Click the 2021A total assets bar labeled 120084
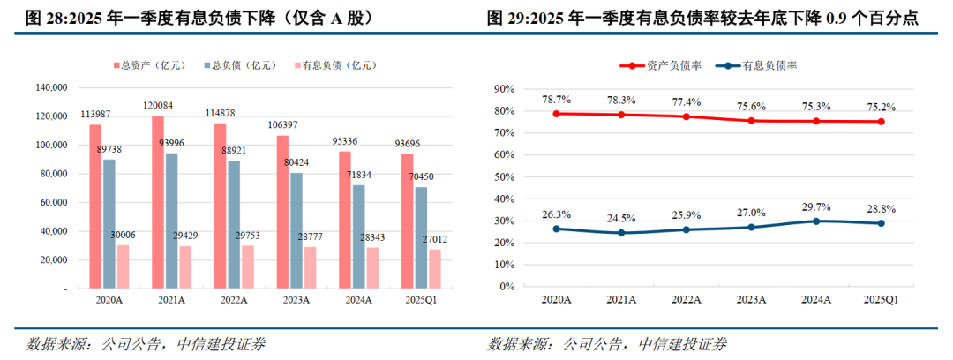click(x=158, y=202)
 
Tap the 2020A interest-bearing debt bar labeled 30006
click(x=123, y=266)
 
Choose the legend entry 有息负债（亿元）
click(x=333, y=64)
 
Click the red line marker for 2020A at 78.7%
click(x=557, y=114)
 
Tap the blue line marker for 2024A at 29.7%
click(x=816, y=221)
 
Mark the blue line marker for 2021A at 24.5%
click(x=621, y=233)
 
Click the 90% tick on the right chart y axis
click(x=502, y=89)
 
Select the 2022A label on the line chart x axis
click(x=687, y=300)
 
